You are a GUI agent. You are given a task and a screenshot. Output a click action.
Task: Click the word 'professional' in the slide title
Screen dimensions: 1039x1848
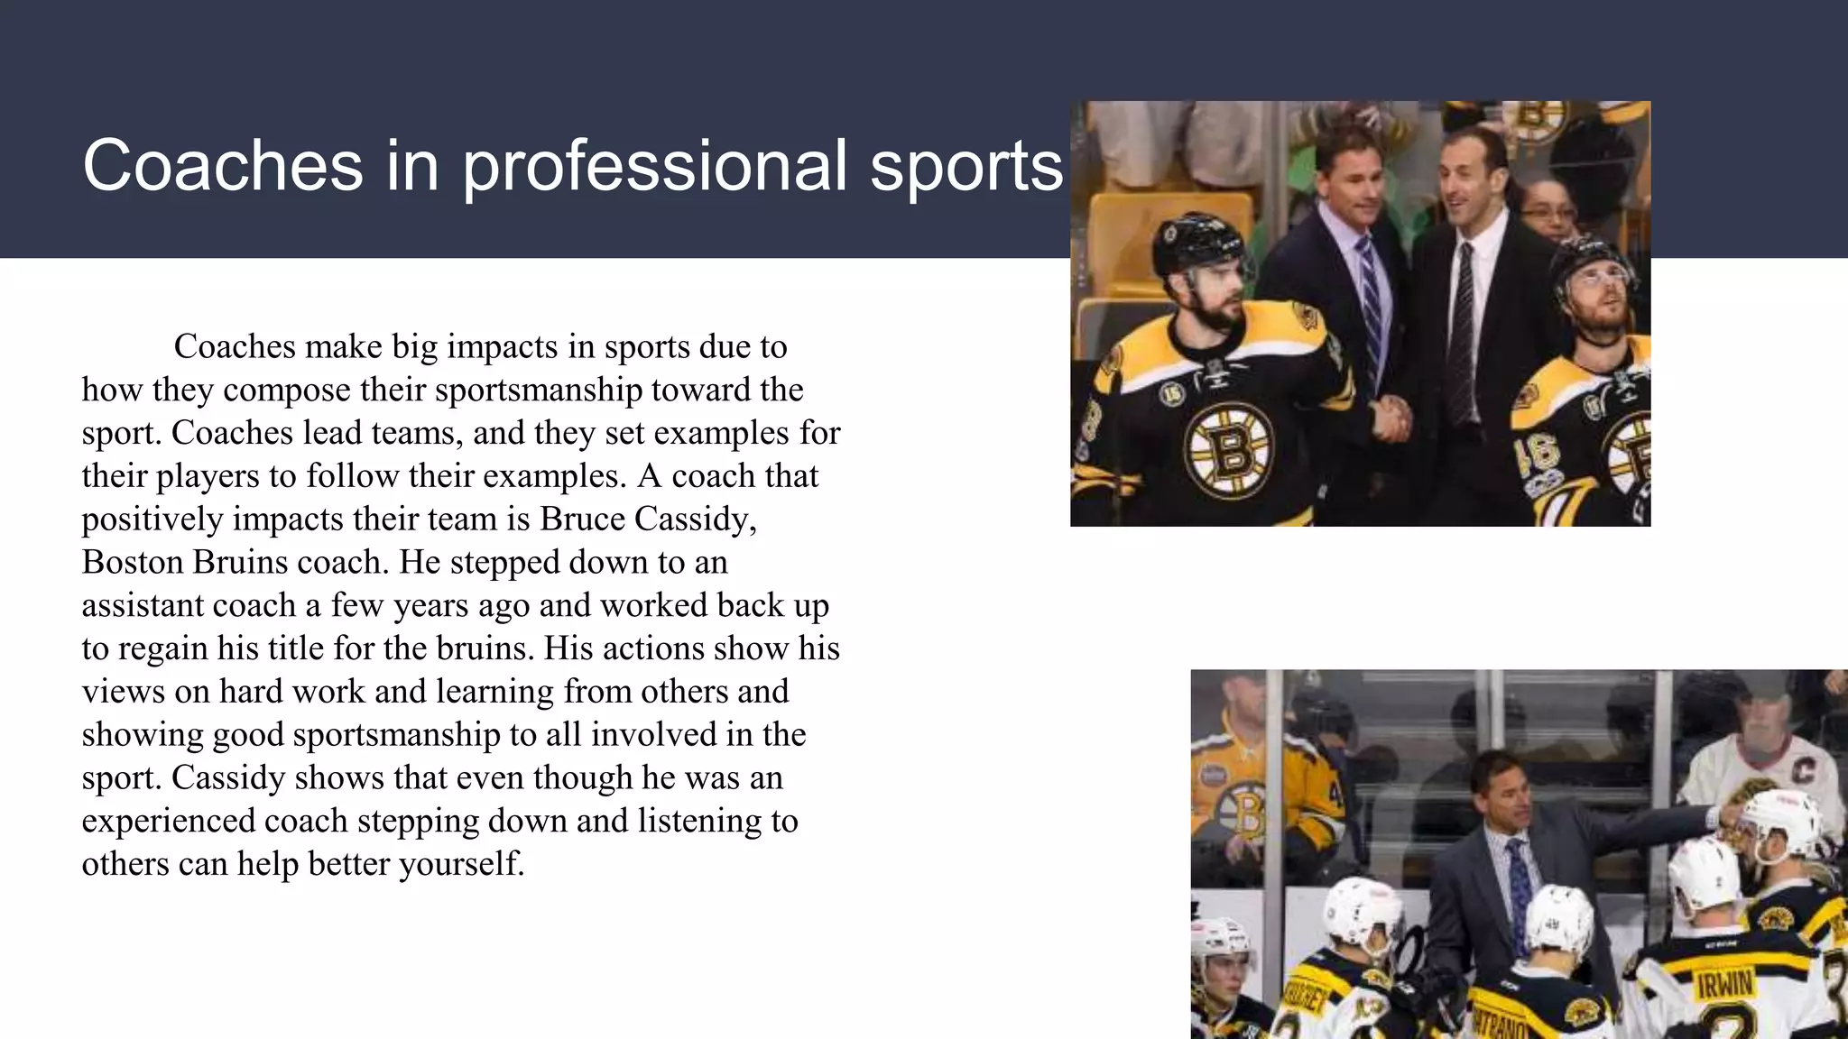[655, 167]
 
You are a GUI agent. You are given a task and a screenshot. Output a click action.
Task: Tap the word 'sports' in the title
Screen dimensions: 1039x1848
[966, 167]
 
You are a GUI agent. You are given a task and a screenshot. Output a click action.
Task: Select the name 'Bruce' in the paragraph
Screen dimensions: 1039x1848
[583, 519]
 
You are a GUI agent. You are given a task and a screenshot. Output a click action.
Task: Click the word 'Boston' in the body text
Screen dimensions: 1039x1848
[133, 562]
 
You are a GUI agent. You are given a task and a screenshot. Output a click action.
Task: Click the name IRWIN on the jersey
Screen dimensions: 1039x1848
[1724, 983]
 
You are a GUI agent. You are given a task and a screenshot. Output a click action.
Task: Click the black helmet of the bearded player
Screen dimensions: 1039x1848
[1196, 242]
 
